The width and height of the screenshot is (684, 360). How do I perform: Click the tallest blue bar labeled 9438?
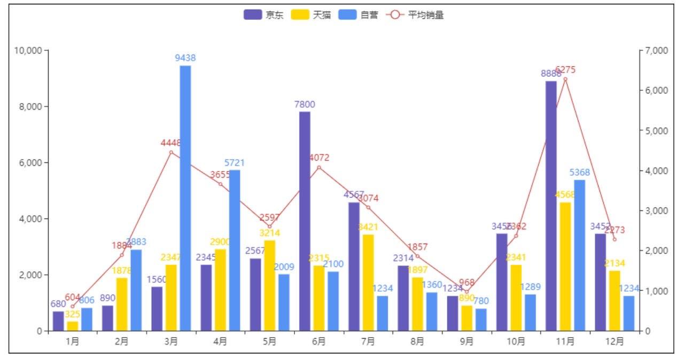[x=185, y=198]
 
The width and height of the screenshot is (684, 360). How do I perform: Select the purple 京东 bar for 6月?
[x=305, y=221]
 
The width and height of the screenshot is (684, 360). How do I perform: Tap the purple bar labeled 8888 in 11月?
[x=551, y=206]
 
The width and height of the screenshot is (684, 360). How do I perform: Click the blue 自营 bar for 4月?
[x=235, y=250]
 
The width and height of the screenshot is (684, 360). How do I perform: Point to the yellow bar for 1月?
[x=72, y=326]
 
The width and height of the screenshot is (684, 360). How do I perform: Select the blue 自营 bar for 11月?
[x=580, y=255]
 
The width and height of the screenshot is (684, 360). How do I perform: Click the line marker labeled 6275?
[x=565, y=79]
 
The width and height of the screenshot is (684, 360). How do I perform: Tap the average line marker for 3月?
[x=171, y=152]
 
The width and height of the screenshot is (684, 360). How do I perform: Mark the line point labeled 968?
[x=467, y=292]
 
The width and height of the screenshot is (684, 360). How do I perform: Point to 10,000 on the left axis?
[x=28, y=51]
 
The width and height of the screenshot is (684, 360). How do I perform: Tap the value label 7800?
[x=305, y=104]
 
